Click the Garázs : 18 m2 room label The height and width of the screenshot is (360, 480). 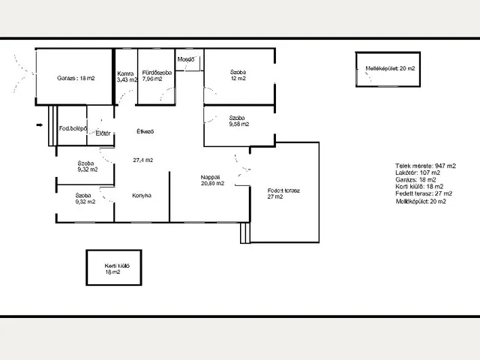(x=76, y=78)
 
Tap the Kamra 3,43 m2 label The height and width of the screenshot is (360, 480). (x=127, y=76)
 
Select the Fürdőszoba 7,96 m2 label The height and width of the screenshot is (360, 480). (x=157, y=76)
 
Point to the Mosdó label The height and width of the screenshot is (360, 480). (x=186, y=59)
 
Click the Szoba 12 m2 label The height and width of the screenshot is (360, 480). (x=238, y=75)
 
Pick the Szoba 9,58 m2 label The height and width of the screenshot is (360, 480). (x=239, y=121)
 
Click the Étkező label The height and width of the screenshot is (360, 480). (x=145, y=131)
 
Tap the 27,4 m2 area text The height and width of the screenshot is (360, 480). (x=143, y=160)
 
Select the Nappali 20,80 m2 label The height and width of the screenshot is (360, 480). (x=212, y=180)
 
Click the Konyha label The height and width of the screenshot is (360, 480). (x=142, y=195)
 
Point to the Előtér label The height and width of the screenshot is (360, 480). (x=103, y=133)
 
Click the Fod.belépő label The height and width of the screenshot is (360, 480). (x=73, y=128)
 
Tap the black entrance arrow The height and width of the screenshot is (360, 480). (x=40, y=125)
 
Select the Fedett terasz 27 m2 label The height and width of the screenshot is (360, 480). (x=283, y=193)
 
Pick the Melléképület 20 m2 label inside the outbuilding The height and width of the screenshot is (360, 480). (x=390, y=68)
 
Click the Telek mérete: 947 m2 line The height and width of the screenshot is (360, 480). (x=425, y=166)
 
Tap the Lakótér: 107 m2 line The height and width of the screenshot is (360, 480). (x=418, y=173)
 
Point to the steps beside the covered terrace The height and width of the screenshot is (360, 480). (x=245, y=233)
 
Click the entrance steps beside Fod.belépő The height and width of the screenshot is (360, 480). (x=52, y=125)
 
